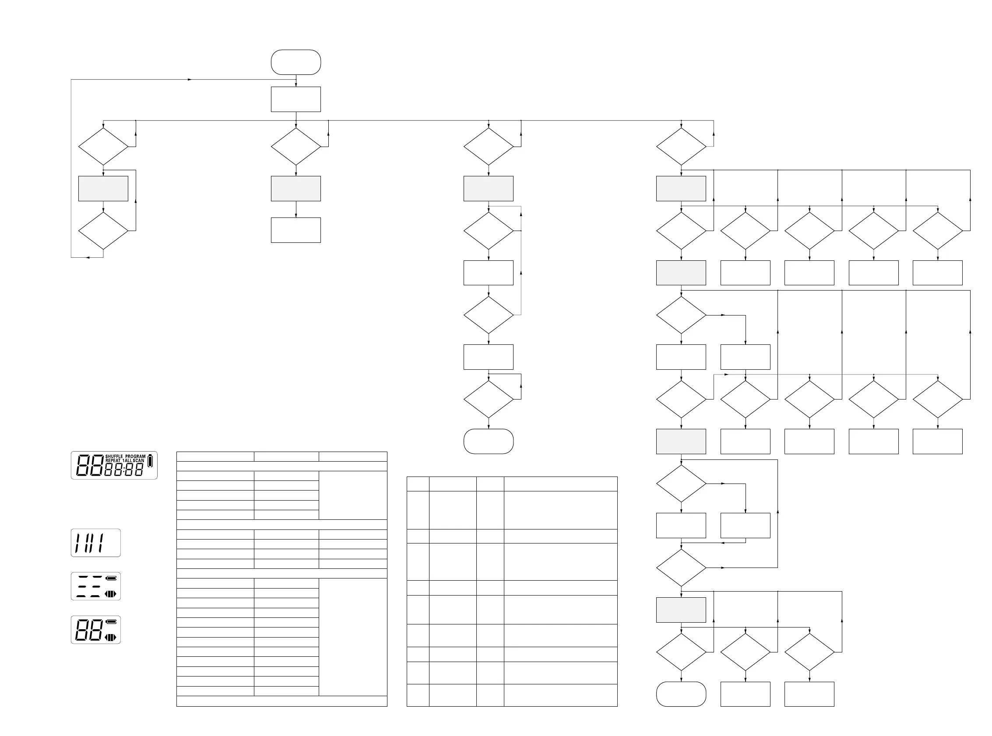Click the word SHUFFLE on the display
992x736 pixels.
click(114, 457)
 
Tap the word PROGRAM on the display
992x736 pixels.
click(135, 457)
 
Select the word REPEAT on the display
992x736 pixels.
click(113, 461)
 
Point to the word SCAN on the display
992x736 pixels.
click(139, 461)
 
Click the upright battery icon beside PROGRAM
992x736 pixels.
click(150, 461)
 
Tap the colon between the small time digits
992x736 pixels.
click(123, 470)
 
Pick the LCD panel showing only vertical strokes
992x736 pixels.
click(96, 543)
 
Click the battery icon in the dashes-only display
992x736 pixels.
click(111, 578)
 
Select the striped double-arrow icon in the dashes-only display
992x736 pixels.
click(110, 594)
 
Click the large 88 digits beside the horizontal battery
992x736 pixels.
click(88, 630)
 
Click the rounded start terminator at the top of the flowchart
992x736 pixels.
click(296, 63)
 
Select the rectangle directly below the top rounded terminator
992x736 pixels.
click(296, 99)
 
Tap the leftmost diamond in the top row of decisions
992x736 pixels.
click(103, 147)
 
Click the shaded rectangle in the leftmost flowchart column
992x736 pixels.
click(103, 189)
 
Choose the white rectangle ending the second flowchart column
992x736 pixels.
click(296, 230)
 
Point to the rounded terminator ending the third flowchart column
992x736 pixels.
click(489, 441)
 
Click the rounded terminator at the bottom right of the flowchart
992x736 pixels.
click(681, 694)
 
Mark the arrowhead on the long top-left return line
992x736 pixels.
click(190, 80)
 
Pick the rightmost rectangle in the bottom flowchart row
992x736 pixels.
click(809, 694)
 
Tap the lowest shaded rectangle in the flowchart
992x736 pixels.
click(681, 610)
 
